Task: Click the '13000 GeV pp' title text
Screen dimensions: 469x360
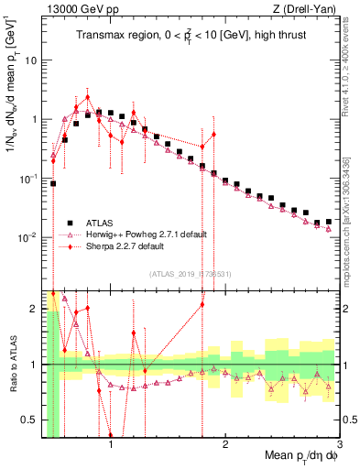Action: tap(77, 9)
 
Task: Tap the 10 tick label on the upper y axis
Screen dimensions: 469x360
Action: tap(33, 60)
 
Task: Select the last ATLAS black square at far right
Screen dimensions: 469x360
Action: tap(329, 221)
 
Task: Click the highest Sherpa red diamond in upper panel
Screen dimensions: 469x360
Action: tap(88, 97)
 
